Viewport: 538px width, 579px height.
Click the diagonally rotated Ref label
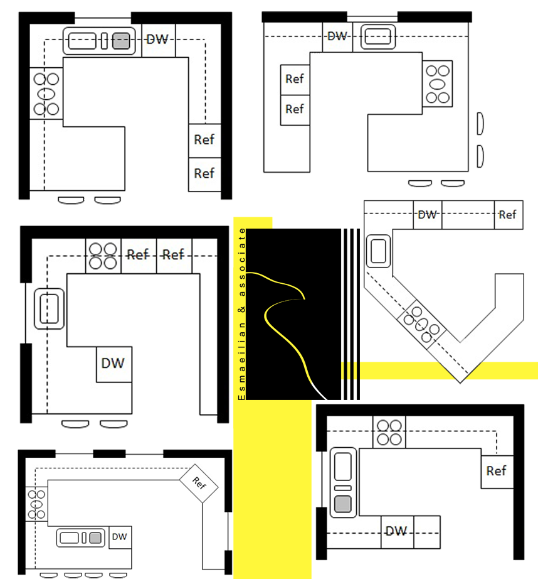point(199,483)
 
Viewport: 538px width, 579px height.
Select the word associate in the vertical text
point(241,262)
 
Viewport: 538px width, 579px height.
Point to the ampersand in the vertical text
point(241,310)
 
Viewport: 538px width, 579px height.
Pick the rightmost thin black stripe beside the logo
point(358,314)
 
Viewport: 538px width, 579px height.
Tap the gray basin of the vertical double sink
point(343,504)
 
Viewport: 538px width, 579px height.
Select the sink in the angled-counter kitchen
point(378,251)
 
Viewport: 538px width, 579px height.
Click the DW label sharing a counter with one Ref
point(428,215)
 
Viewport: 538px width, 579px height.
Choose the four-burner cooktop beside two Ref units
point(103,256)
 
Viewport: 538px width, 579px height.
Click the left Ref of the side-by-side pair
point(138,254)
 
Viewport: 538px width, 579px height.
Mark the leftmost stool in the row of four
point(49,575)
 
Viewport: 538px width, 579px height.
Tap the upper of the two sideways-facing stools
point(480,124)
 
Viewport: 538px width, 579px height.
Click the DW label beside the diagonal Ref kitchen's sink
point(120,536)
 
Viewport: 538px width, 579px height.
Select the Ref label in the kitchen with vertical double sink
point(497,471)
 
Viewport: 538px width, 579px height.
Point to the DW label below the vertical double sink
point(396,531)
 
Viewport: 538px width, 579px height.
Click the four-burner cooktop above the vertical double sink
point(389,433)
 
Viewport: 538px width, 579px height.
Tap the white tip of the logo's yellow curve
point(322,394)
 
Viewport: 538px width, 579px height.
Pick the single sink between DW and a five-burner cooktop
point(378,36)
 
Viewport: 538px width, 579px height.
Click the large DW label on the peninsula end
point(113,364)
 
